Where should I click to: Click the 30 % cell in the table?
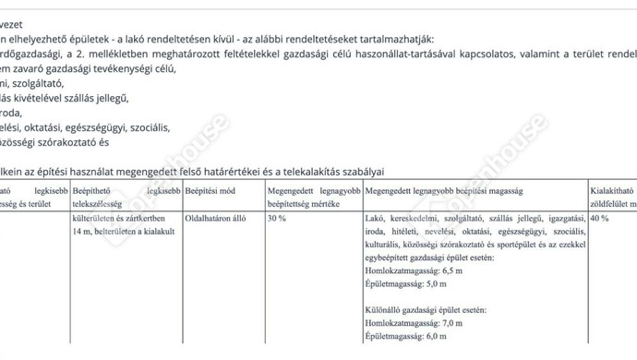click(x=277, y=218)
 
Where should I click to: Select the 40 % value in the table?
click(x=598, y=218)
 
